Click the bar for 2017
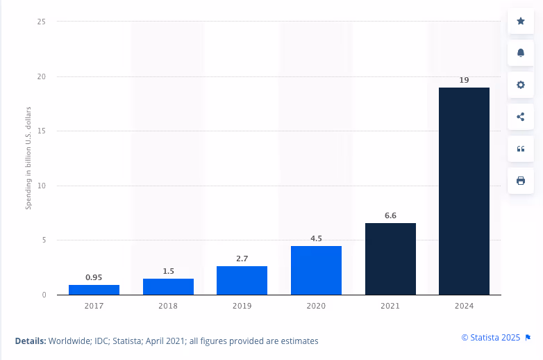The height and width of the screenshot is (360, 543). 94,290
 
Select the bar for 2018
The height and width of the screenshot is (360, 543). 168,286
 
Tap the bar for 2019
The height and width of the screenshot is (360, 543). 242,280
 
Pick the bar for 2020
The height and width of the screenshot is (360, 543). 316,270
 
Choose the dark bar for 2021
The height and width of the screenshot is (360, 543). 390,259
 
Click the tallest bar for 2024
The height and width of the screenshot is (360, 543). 464,191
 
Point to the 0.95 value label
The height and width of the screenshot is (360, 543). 94,277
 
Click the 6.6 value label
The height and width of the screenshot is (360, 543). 390,215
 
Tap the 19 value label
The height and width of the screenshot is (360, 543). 464,80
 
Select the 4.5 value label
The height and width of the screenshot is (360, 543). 316,238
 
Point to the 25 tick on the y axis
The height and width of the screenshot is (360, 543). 42,22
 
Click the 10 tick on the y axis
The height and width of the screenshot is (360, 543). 42,186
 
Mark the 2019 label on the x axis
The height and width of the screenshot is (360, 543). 242,304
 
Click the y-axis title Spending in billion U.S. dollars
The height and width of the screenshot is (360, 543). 29,158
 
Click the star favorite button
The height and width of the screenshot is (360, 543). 521,21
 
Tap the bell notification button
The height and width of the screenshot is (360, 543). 521,53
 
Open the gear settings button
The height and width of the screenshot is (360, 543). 521,85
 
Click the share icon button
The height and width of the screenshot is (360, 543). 521,117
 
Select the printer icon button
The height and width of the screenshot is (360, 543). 521,181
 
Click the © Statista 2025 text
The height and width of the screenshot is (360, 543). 491,338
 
